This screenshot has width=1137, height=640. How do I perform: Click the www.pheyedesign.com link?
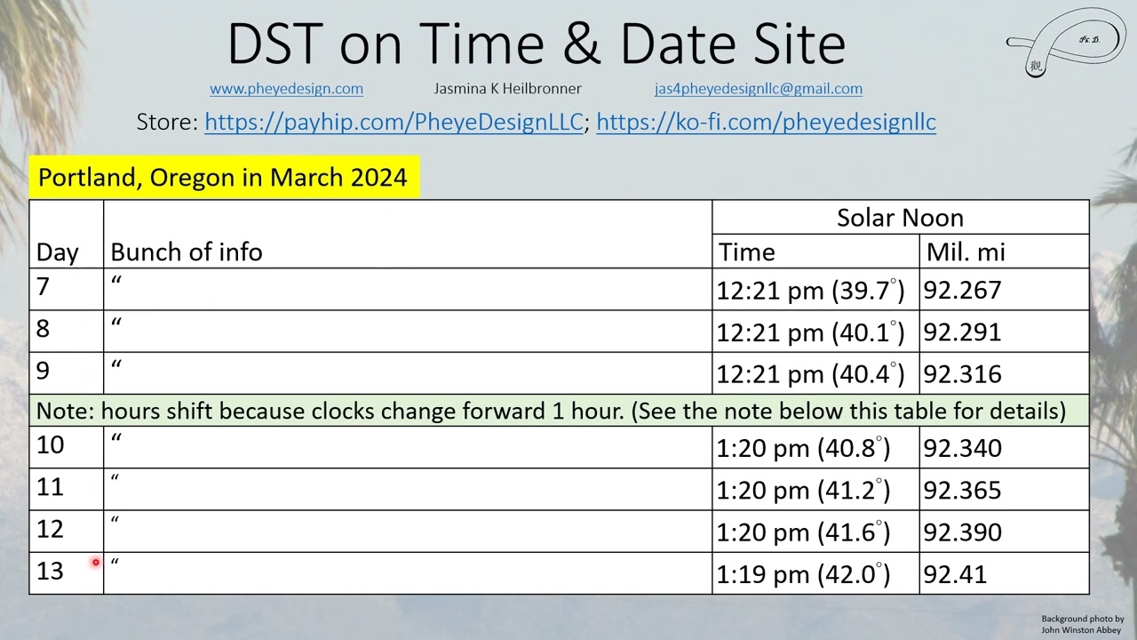tap(286, 89)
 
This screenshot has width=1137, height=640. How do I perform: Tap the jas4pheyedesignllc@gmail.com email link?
tap(758, 89)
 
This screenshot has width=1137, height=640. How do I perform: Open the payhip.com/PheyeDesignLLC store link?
tap(394, 122)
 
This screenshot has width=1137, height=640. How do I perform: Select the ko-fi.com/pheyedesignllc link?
tap(766, 122)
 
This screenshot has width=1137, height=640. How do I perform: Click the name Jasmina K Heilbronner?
tap(507, 89)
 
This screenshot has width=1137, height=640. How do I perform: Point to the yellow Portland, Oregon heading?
tap(223, 177)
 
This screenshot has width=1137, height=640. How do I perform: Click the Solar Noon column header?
tap(900, 218)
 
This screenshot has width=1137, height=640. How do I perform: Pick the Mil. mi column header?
tap(966, 252)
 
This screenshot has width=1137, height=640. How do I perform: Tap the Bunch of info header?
tap(187, 252)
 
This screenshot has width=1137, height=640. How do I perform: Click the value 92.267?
tap(962, 291)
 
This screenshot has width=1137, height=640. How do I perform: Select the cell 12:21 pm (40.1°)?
tap(810, 332)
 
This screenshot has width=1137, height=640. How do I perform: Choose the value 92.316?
tap(962, 374)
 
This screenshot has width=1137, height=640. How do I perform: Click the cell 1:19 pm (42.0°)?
tap(803, 574)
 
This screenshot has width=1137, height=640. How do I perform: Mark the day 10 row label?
tap(51, 444)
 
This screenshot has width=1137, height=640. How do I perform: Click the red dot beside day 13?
tap(95, 562)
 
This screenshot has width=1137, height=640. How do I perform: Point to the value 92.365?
tap(962, 491)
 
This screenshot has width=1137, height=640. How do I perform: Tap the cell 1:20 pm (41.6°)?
tap(803, 532)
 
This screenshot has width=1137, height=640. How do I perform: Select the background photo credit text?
tap(1082, 624)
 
